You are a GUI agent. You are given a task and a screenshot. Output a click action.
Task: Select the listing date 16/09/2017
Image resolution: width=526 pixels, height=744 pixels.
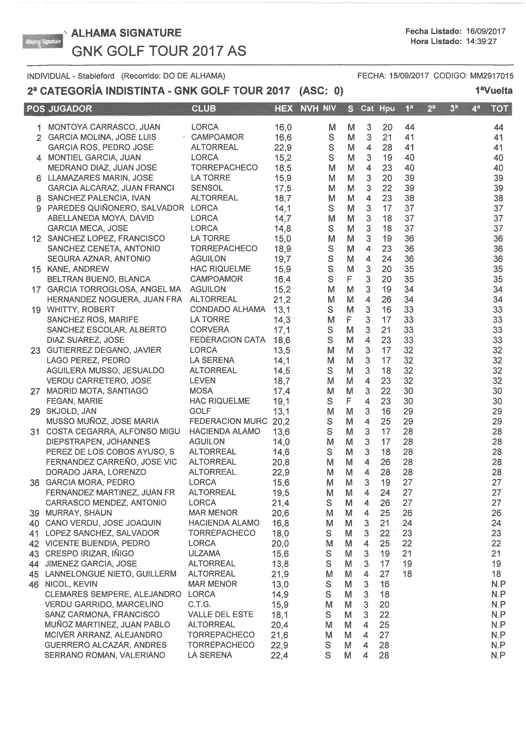(x=485, y=31)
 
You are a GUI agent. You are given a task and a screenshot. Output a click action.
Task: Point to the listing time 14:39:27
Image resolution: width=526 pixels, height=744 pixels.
(x=481, y=41)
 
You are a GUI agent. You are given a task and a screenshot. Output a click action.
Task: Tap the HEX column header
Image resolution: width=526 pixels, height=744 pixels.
(x=283, y=109)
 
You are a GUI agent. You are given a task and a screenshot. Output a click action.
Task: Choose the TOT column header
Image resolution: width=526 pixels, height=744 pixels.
(x=499, y=109)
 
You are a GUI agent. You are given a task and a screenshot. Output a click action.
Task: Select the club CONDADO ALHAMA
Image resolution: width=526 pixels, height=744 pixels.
(x=227, y=309)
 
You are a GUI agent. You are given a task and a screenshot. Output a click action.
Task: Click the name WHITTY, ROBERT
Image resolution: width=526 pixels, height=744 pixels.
(x=81, y=309)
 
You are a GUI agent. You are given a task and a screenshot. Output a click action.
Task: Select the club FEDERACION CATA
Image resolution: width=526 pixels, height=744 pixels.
(x=227, y=340)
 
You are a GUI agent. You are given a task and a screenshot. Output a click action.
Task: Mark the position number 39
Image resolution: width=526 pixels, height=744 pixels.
(x=34, y=513)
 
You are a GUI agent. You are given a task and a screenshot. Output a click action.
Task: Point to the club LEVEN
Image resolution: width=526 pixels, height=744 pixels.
(x=202, y=381)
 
